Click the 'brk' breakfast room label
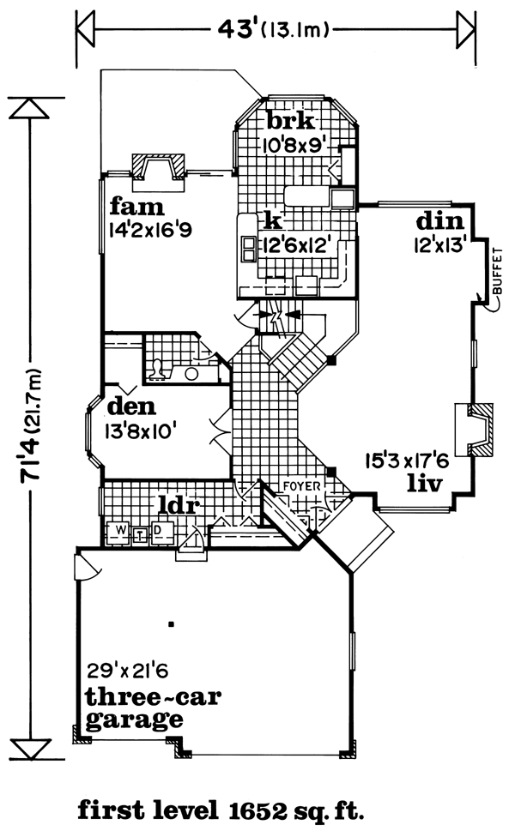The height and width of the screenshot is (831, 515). (290, 121)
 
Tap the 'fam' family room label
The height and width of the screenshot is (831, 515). (136, 207)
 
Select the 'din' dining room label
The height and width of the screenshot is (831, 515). (439, 221)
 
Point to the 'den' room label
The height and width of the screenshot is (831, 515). (131, 406)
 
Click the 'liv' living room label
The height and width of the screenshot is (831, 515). (424, 484)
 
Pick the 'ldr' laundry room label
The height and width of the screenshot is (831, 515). (179, 505)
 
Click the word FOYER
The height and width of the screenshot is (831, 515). (302, 486)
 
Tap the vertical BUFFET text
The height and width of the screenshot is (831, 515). (497, 271)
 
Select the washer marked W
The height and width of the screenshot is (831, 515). (121, 530)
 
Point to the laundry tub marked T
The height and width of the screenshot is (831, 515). (141, 535)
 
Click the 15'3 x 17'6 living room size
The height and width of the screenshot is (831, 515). (407, 461)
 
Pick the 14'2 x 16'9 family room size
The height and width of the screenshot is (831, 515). (150, 231)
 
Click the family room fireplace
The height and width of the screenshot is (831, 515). (158, 172)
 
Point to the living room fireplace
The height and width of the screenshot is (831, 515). (474, 430)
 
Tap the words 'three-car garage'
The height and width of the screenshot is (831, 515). (154, 708)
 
